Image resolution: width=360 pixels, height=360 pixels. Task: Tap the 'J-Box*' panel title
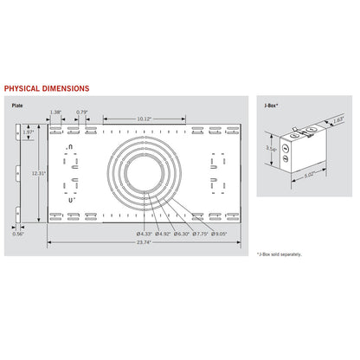(x=271, y=105)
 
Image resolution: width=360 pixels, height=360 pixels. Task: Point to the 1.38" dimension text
(x=55, y=112)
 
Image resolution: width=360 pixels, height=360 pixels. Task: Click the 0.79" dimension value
(x=82, y=112)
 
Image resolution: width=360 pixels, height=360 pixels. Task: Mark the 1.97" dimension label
(x=29, y=132)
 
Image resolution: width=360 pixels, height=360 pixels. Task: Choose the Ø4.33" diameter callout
(x=143, y=233)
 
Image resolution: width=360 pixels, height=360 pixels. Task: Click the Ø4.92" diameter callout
(x=163, y=233)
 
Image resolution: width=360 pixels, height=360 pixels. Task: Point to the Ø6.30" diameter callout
(x=183, y=233)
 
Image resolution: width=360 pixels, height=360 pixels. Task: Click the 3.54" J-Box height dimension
(x=271, y=149)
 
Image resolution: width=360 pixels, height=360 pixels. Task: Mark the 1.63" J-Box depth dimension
(x=338, y=120)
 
